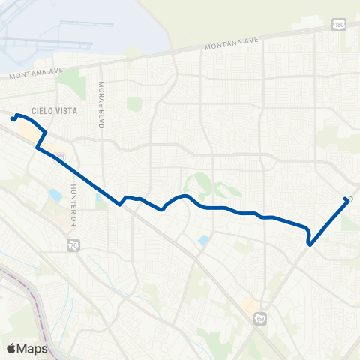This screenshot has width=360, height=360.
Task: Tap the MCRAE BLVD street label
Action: pos(100,104)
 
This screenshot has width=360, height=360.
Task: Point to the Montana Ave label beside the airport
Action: pos(31,74)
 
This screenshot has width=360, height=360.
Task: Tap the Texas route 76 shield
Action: pos(73,245)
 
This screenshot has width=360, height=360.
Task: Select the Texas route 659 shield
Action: pos(260,319)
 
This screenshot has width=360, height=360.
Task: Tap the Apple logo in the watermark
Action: pos(12,348)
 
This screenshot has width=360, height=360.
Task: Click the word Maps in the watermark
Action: pos(34,348)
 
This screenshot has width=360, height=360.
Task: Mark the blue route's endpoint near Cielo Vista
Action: pos(13,118)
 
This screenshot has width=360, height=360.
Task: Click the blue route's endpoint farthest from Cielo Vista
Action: pos(346,199)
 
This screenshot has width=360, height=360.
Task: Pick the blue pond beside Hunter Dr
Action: pos(55,196)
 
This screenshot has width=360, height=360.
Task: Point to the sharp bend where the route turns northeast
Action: pos(309,242)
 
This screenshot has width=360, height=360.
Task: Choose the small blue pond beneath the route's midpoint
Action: pos(203,240)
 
